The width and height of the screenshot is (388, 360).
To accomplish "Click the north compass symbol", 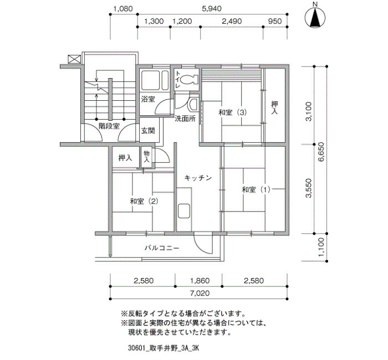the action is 315,17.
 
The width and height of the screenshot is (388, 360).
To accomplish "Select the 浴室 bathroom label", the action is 148,99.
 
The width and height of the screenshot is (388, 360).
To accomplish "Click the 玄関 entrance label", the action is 148,131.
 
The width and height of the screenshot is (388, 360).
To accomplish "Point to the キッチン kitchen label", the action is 198,178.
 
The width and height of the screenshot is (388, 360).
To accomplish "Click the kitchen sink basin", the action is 184,210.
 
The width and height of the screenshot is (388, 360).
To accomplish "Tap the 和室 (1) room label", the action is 256,189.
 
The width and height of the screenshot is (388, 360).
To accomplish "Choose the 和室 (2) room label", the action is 144,201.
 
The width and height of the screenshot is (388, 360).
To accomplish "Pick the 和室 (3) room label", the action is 233,112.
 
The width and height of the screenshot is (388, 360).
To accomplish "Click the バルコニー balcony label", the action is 162,248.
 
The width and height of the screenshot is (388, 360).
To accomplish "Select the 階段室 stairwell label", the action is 109,126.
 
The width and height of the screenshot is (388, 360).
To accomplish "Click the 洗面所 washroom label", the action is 185,119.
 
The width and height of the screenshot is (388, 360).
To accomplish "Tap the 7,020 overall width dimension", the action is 200,293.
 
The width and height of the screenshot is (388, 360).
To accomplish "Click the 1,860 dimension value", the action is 200,281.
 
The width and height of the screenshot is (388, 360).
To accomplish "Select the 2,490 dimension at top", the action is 232,21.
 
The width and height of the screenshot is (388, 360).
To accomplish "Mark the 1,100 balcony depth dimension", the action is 321,247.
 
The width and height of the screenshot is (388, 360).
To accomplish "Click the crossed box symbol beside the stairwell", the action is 74,59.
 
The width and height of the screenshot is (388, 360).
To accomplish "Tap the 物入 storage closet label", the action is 146,156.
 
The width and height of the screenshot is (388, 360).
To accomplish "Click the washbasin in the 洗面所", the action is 193,104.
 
